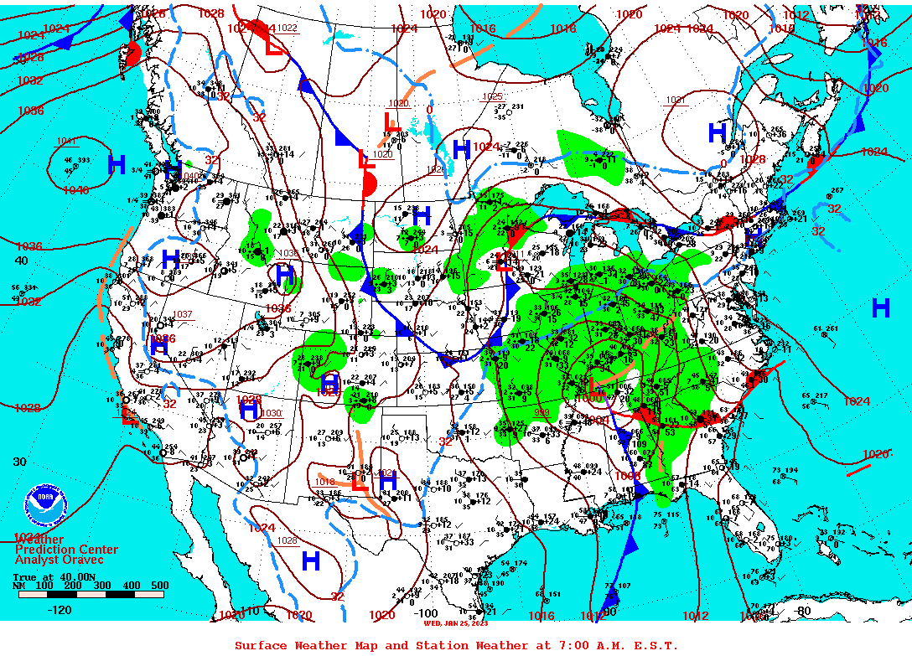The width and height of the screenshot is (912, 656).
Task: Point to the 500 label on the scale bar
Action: [159, 586]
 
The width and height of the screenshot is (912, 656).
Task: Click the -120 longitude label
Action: [59, 610]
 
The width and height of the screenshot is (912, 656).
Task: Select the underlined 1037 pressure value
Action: [182, 315]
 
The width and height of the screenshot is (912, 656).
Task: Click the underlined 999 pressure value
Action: [542, 412]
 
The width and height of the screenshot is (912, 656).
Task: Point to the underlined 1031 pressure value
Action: [676, 101]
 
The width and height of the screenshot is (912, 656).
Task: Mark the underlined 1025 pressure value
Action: [492, 97]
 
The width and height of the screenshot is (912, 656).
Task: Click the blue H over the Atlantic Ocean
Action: [880, 308]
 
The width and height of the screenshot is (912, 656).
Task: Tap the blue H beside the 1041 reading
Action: [117, 164]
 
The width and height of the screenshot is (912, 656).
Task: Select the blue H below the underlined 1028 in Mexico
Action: [311, 560]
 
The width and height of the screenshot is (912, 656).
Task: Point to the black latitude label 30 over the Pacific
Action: [20, 462]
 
